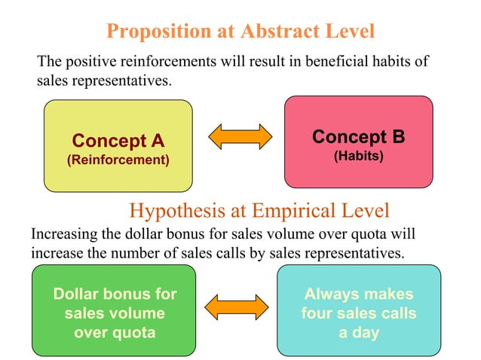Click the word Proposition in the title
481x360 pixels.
[155, 32]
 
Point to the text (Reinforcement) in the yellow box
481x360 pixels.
[118, 160]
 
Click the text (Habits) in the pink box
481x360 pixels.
[358, 156]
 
